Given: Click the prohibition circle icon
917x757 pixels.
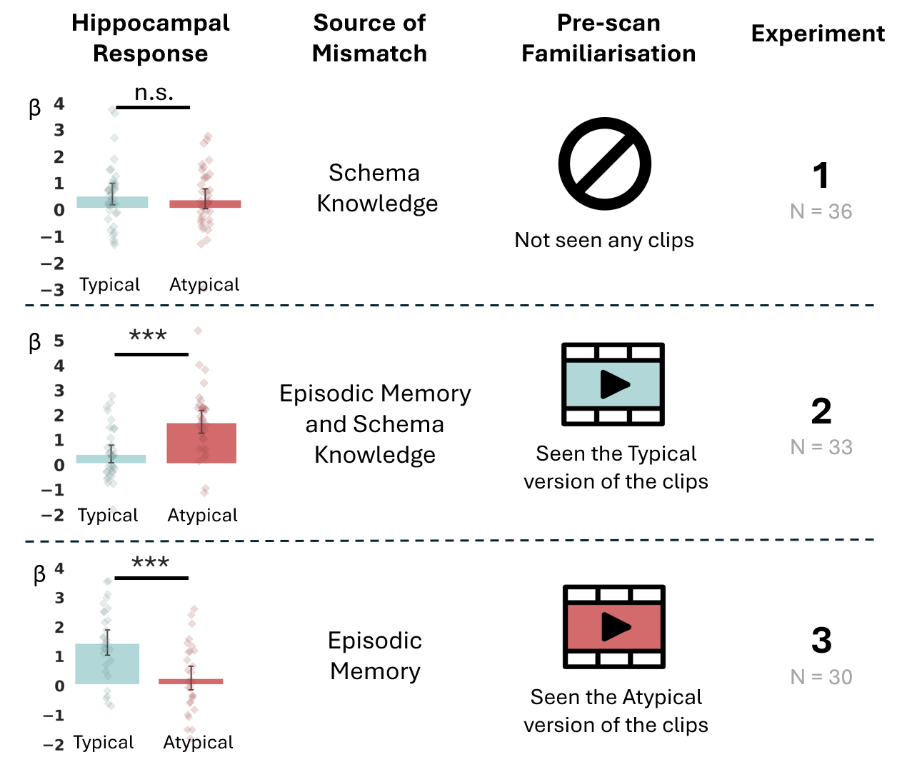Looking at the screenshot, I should pos(605,164).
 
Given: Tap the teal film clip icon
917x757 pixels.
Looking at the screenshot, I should pos(613,384).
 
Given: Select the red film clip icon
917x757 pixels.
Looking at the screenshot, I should pos(614,627).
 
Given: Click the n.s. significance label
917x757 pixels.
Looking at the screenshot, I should pos(154,93).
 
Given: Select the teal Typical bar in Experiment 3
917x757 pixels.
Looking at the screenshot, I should pos(107,663).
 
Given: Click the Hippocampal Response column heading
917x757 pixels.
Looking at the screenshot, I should pos(151,38).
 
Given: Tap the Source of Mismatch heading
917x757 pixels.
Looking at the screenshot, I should pos(369,38).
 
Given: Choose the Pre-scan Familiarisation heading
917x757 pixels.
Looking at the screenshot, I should pos(608,38).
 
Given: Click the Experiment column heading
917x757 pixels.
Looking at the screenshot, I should pos(818,34).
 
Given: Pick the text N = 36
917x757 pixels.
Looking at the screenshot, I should pos(821,211).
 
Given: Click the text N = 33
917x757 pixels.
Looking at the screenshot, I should pos(821,447).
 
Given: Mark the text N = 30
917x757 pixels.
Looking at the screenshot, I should pos(821,677).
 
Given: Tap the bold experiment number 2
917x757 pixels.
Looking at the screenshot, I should pos(821,411).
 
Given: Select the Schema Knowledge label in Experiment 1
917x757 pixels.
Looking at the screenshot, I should pos(376,188).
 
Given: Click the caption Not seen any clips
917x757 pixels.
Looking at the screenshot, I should pos(604,240).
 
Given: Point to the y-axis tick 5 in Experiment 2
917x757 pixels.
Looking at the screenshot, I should pos(59,341).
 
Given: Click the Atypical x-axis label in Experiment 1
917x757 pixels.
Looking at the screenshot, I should pos(204,284).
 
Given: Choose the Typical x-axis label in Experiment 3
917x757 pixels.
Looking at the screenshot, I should pos(104,742).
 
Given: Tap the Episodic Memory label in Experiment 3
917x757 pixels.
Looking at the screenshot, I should pos(375,656).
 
